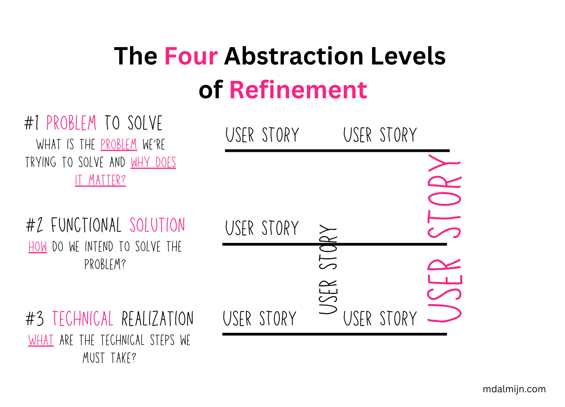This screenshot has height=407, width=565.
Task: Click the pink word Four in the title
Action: [x=191, y=56]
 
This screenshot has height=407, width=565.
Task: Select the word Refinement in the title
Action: [x=298, y=90]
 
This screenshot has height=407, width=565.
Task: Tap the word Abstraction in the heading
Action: [x=294, y=56]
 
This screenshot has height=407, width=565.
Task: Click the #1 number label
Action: [x=31, y=123]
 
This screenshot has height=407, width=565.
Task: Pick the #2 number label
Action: [x=35, y=225]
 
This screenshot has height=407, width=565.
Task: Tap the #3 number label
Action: [x=35, y=318]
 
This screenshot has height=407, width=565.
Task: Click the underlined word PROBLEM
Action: [x=119, y=144]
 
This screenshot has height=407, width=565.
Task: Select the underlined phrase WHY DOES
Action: [x=153, y=162]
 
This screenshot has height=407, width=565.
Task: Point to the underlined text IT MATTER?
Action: [x=101, y=180]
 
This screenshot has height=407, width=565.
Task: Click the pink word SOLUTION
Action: [x=158, y=225]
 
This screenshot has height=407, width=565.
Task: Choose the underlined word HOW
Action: [x=38, y=247]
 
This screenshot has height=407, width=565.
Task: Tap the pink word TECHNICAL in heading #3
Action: [x=83, y=318]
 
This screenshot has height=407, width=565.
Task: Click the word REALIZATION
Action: [x=158, y=318]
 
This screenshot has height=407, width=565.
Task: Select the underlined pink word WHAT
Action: [x=41, y=340]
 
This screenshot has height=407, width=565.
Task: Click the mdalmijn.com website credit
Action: [x=514, y=389]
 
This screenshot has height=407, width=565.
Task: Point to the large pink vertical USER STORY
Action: [x=445, y=238]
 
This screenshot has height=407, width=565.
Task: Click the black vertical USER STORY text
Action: [x=328, y=269]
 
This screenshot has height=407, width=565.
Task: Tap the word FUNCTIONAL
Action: [x=86, y=225]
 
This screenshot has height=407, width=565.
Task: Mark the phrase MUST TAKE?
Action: [x=109, y=358]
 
